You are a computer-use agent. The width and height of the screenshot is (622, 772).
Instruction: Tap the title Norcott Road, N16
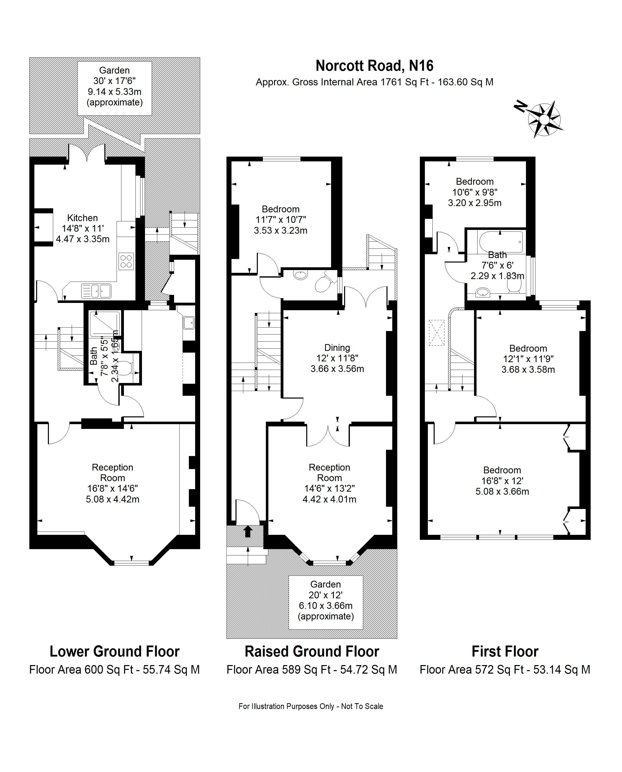click(x=374, y=66)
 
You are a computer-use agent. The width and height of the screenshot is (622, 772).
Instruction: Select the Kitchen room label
click(x=83, y=228)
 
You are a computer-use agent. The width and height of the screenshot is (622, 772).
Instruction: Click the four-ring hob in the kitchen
click(x=126, y=262)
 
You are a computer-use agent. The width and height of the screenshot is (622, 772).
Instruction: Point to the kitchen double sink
click(x=96, y=291)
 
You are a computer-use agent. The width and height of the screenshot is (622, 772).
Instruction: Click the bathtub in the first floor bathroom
click(x=501, y=242)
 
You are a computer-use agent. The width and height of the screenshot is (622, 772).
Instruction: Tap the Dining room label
click(x=337, y=358)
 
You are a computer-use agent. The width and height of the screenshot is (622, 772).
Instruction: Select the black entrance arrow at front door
click(x=248, y=531)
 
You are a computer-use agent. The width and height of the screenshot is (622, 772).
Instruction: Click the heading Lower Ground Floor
click(x=114, y=652)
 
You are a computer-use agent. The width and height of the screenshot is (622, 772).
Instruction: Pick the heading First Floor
click(x=505, y=652)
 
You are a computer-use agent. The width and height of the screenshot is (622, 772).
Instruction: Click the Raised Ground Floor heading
click(x=312, y=652)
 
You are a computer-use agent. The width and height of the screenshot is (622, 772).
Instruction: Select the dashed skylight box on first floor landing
click(x=437, y=333)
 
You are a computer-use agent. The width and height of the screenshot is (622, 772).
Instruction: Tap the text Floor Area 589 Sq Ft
click(x=278, y=669)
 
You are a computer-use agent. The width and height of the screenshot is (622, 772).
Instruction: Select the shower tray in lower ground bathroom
click(x=105, y=324)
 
